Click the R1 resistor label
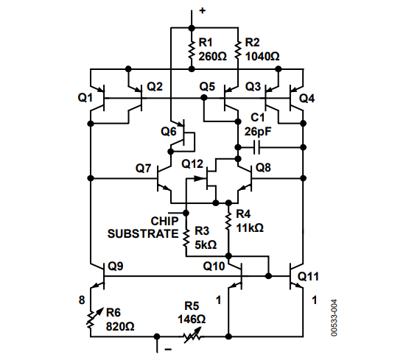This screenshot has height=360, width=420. [x=206, y=43]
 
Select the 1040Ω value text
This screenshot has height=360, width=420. [x=262, y=57]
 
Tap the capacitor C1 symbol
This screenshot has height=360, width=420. [x=256, y=147]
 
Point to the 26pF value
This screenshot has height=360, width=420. [x=258, y=132]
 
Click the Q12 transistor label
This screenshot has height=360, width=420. [x=192, y=164]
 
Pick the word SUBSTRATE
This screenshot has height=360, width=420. [x=143, y=234]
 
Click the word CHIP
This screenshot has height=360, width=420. [x=164, y=222]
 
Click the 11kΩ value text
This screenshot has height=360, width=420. [x=250, y=227]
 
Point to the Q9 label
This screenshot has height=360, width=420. [x=115, y=266]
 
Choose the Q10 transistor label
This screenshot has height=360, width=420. [x=214, y=266]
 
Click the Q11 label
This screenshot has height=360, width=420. [x=308, y=277]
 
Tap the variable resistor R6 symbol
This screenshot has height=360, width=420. [x=93, y=319]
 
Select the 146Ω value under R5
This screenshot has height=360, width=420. [x=192, y=320]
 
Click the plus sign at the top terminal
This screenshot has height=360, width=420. [x=203, y=11]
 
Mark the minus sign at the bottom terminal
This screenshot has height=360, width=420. [x=168, y=349]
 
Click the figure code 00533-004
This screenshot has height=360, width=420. [x=334, y=318]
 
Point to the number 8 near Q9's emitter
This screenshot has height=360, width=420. [x=82, y=300]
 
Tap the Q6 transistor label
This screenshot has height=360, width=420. [x=169, y=132]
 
